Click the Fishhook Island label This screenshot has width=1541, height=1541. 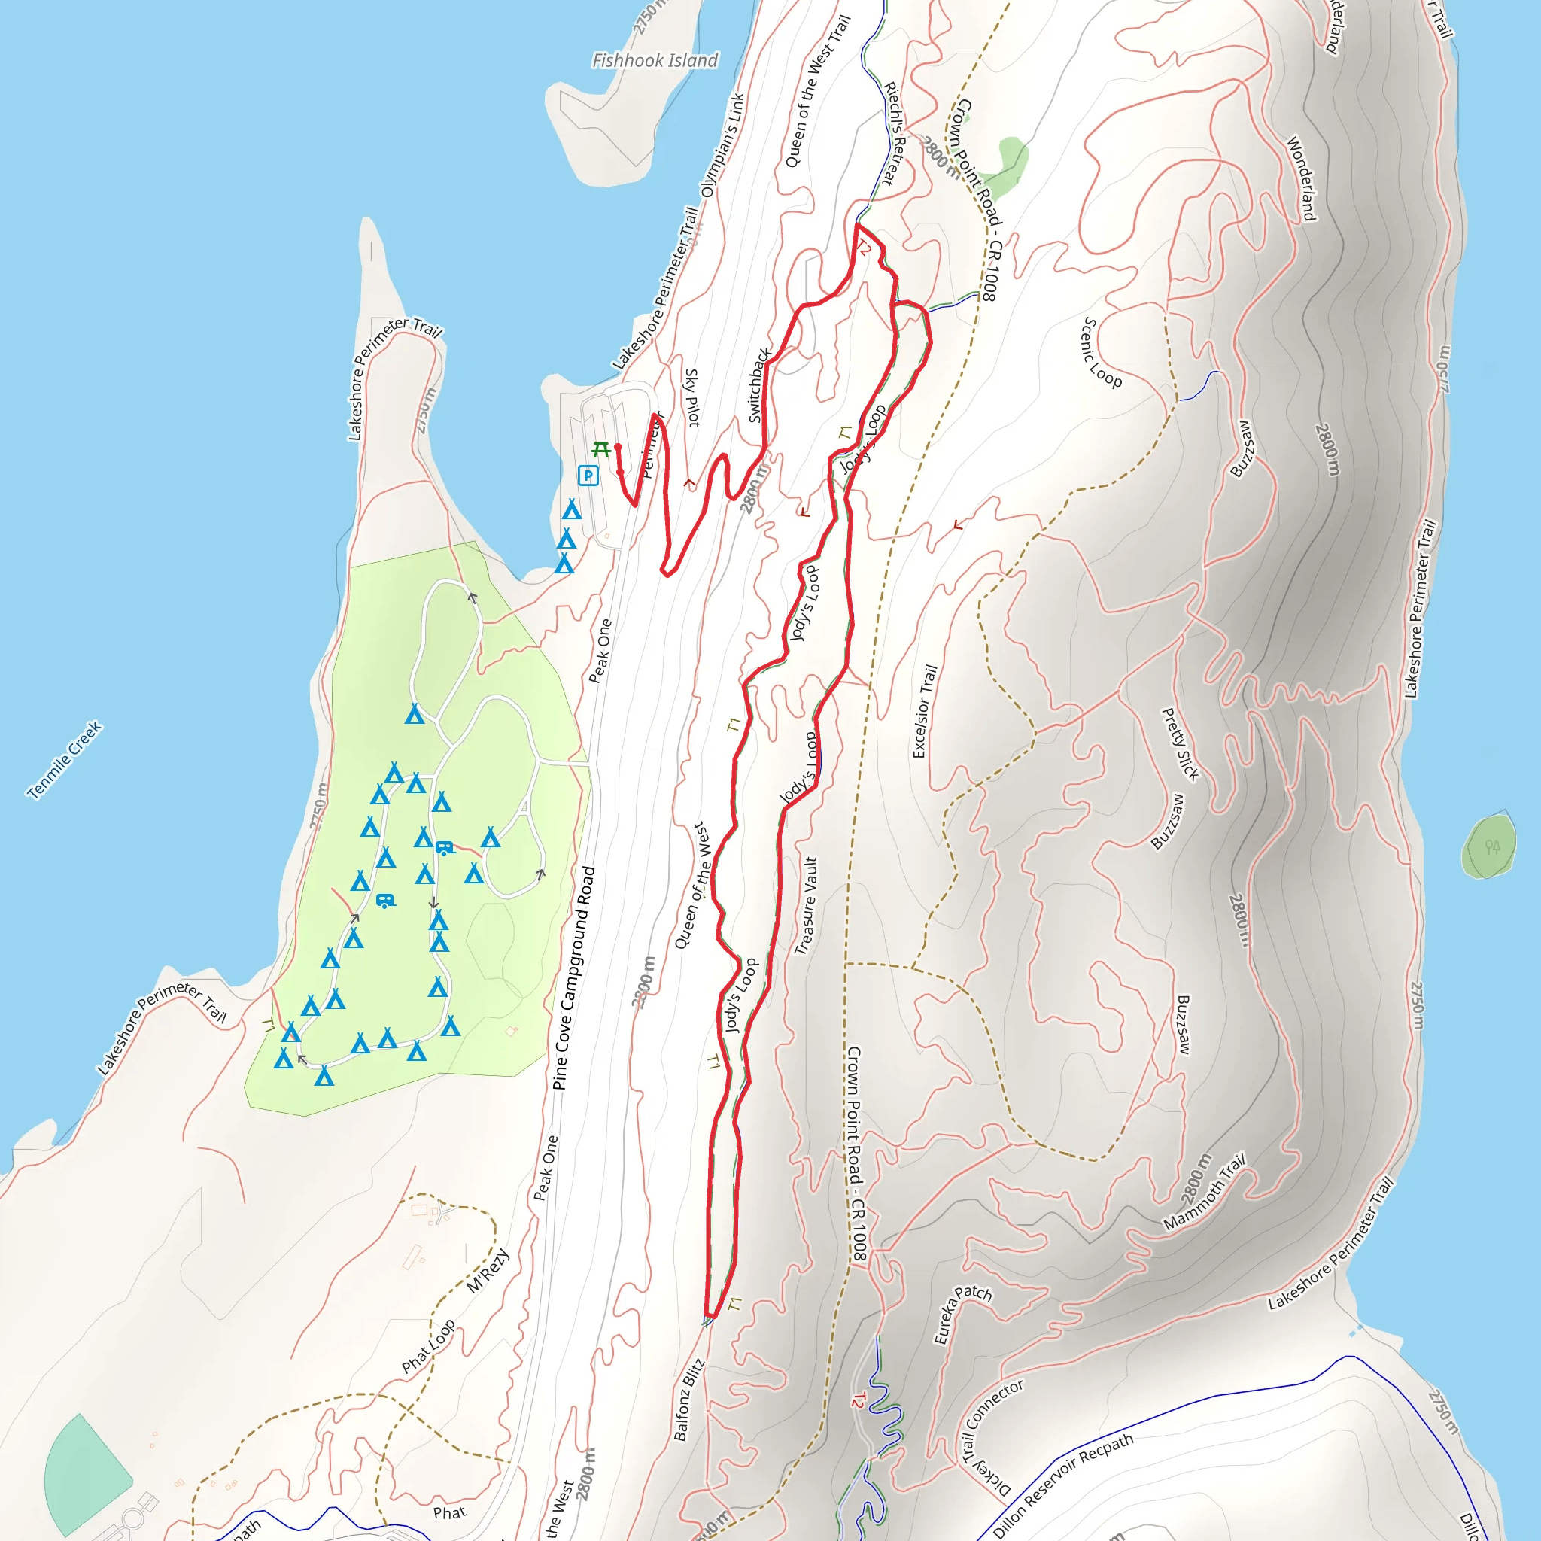(655, 61)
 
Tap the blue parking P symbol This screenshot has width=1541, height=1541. (588, 476)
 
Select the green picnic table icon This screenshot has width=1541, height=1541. (601, 451)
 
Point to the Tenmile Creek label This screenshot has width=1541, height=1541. (64, 759)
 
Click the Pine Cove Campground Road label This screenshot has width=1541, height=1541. (574, 978)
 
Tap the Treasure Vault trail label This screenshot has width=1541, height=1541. (807, 905)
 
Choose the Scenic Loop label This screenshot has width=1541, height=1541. (1102, 353)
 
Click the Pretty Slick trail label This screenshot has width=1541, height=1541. (1181, 744)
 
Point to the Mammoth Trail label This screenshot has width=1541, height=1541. (1205, 1193)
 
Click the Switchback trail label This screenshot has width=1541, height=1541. (758, 385)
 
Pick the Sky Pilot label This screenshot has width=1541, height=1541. (692, 397)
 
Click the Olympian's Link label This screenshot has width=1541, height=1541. (722, 144)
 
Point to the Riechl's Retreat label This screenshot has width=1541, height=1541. (898, 134)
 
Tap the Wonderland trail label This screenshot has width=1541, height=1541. (1300, 178)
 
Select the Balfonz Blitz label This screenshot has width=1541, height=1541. (688, 1400)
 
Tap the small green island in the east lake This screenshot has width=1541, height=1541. (1488, 846)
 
